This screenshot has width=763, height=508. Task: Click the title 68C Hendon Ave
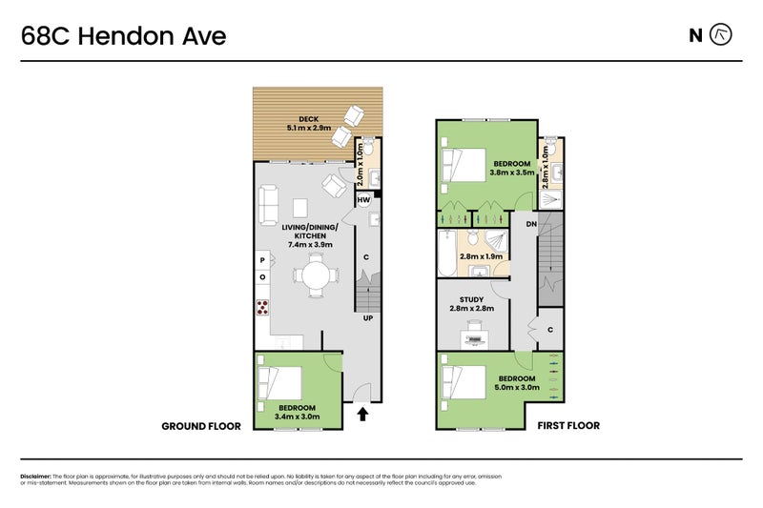124,37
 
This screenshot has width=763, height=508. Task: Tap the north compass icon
722,36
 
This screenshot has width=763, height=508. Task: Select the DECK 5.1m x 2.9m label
308,123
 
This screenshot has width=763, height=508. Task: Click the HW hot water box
363,200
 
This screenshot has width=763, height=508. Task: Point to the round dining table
316,276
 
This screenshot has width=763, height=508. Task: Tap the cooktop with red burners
262,307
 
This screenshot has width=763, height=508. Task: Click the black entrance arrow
362,414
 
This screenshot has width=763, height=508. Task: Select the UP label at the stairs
367,319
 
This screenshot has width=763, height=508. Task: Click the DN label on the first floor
530,224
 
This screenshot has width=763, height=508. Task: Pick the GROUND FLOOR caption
201,426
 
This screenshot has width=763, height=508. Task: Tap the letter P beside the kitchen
262,259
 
